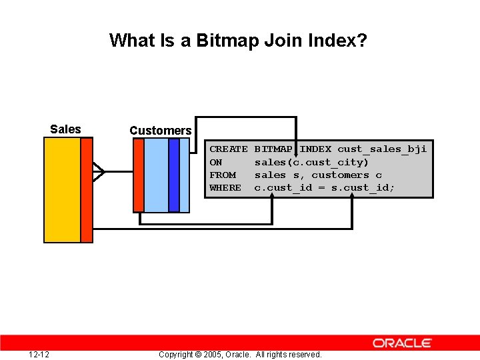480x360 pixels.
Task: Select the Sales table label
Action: [65, 129]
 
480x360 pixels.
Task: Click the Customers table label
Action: [160, 131]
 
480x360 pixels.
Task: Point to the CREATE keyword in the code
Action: [228, 149]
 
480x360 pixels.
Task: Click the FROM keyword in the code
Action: [223, 175]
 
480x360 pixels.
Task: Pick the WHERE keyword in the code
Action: [225, 188]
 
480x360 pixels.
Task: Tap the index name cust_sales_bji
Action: [382, 149]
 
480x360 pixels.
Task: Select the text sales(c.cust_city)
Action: [311, 163]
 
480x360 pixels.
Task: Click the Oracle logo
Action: [402, 343]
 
